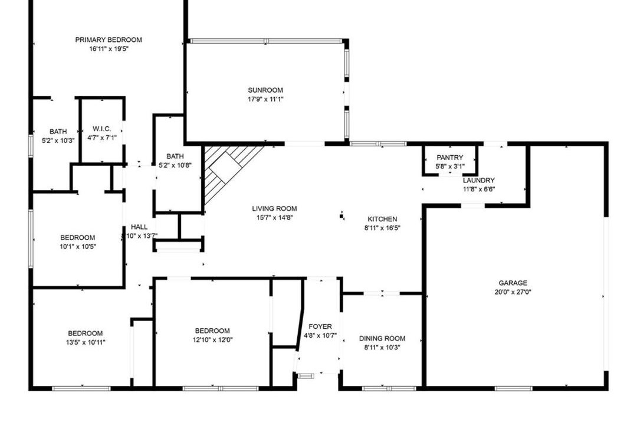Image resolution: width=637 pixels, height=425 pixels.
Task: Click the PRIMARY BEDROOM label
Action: point(109,40)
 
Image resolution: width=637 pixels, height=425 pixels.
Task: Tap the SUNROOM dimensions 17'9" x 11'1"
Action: point(265,99)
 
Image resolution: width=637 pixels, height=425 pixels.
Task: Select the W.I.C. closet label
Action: point(101,129)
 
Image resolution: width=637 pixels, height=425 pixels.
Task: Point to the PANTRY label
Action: point(449,158)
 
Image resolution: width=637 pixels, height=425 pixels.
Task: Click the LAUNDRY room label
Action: point(478,180)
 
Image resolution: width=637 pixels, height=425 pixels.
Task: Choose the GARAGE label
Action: point(513,283)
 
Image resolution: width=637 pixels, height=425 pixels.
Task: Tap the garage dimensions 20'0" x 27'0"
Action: point(513,292)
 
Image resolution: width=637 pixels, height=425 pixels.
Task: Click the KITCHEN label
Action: point(382,219)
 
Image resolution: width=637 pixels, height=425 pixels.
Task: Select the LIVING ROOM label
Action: point(274,208)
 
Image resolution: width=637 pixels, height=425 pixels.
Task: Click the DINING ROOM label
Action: point(382,338)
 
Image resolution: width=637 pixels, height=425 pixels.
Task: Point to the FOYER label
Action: point(320,326)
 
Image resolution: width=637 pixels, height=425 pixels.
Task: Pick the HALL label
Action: point(139,227)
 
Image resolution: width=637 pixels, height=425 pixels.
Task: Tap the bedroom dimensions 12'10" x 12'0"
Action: point(212,340)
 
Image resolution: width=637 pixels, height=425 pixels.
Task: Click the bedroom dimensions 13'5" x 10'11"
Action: point(86,342)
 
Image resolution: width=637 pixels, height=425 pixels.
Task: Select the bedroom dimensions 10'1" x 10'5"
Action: point(78,247)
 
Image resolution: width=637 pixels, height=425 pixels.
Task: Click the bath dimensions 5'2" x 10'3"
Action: point(58,140)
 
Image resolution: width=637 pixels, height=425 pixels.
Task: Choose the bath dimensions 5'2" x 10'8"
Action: point(175,165)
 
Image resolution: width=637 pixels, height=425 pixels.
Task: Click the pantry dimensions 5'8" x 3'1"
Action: point(449,166)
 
